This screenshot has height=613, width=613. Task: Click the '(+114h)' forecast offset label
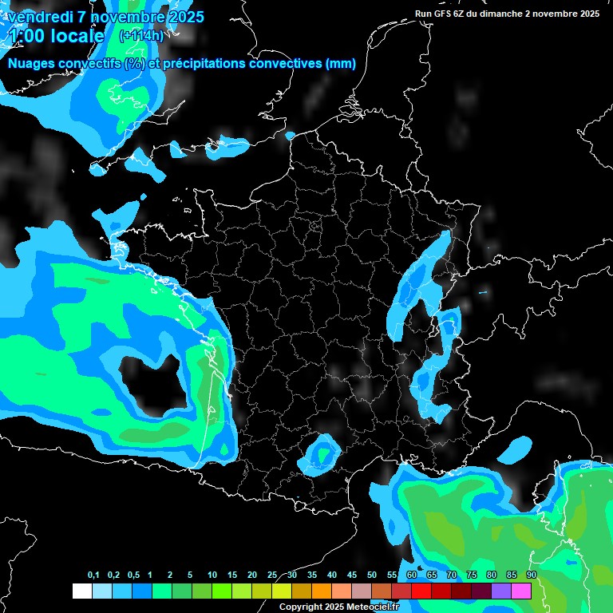141,35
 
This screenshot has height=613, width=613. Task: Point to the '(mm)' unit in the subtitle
340,64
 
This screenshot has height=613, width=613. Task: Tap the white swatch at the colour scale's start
81,591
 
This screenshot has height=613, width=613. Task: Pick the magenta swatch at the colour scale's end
521,591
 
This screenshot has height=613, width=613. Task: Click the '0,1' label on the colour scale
93,575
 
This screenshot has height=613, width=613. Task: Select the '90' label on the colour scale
531,575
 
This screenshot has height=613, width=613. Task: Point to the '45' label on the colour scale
351,575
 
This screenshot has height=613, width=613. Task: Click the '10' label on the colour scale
212,575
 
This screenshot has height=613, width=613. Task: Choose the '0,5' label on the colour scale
133,575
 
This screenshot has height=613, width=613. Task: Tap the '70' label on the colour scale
451,575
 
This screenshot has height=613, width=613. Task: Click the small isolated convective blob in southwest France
322,454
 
